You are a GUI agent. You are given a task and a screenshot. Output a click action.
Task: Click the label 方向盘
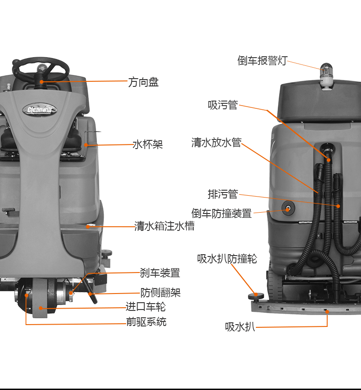[x=143, y=82]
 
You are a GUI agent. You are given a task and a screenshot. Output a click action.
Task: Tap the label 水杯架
[x=148, y=144]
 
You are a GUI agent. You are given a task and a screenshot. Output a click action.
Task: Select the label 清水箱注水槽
[x=164, y=226]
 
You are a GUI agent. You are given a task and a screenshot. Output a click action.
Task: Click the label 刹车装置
[x=160, y=273]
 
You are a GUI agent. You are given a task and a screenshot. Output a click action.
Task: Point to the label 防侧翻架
[x=160, y=292]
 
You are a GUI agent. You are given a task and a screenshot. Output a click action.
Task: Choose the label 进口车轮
[x=146, y=307]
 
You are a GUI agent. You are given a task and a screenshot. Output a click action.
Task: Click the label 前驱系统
[x=146, y=322]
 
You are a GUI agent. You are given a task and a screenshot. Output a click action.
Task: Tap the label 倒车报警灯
[x=262, y=61]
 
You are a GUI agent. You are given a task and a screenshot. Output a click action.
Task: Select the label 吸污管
[x=223, y=105]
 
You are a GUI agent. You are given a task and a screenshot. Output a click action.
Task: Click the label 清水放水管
[x=216, y=143]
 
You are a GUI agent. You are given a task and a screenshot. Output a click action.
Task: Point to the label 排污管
[x=223, y=194]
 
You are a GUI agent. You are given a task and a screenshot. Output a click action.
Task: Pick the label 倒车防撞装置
[x=222, y=214]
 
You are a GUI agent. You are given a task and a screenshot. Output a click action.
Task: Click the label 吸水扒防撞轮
[x=227, y=259]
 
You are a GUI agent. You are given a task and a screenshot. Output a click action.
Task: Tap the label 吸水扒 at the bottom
[x=240, y=327]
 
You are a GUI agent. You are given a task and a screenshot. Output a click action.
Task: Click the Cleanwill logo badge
[x=40, y=109]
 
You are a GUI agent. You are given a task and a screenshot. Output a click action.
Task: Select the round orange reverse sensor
[x=289, y=209]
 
